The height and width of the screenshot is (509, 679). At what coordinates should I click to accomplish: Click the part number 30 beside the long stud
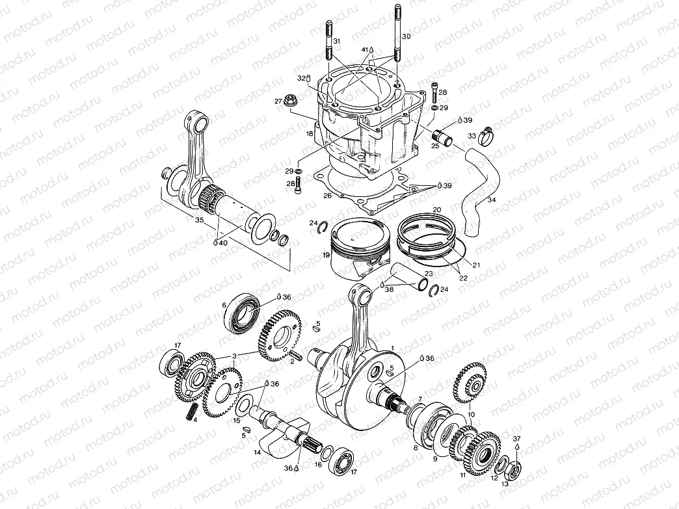(406, 36)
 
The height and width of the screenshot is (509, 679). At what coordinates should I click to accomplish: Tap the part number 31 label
(336, 42)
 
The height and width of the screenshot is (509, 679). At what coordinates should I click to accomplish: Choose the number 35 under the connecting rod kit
(199, 220)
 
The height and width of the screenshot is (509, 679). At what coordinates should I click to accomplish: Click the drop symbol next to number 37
(517, 448)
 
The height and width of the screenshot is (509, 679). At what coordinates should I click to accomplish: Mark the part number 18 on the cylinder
(310, 134)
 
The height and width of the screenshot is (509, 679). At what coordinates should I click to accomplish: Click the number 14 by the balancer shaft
(257, 451)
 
